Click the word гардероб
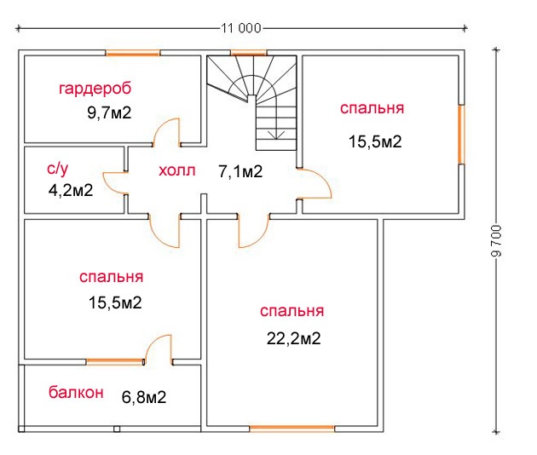[x=95, y=89]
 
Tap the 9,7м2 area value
[x=109, y=112]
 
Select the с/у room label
[x=58, y=169]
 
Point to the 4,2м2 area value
[x=71, y=190]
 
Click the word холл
[x=176, y=170]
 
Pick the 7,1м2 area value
[x=240, y=171]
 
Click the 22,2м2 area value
[x=293, y=338]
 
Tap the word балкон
[x=76, y=392]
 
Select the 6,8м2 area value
[x=144, y=397]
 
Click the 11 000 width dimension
[x=240, y=28]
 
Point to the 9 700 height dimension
[x=496, y=240]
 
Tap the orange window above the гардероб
[x=132, y=53]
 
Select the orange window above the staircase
[x=249, y=53]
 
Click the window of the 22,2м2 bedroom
[x=292, y=428]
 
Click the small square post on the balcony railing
[x=117, y=429]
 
